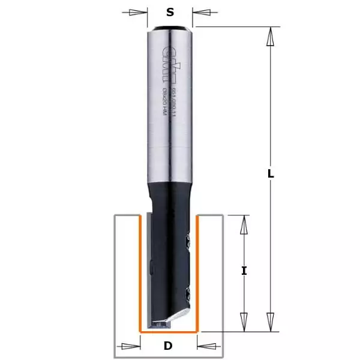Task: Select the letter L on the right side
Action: tap(271, 174)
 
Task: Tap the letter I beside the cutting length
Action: tap(244, 271)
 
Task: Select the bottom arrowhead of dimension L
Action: tap(271, 322)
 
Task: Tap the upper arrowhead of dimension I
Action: tap(244, 225)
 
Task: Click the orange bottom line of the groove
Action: tap(169, 331)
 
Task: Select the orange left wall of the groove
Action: tap(140, 270)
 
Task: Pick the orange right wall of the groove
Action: tap(197, 270)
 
